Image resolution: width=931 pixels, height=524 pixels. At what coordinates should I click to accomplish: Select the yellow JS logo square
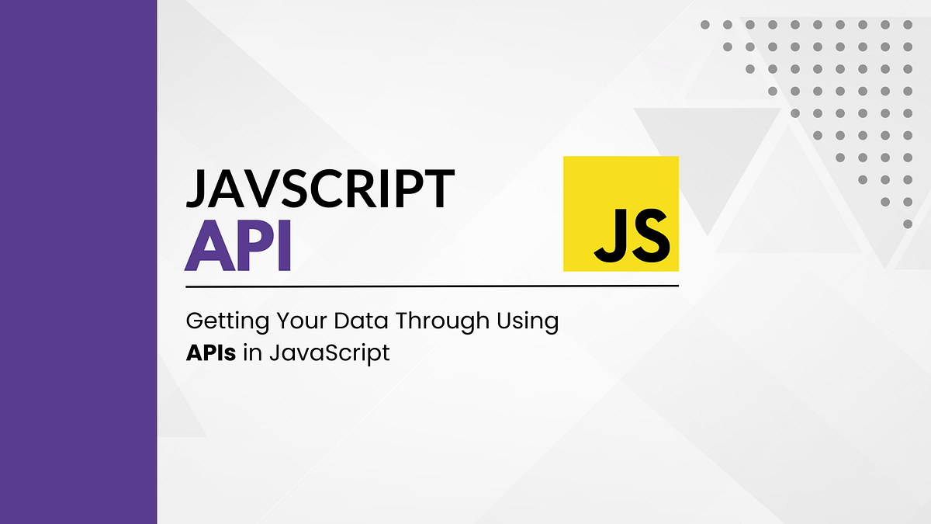point(621,213)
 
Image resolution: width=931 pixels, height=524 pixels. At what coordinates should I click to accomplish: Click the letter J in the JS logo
point(608,233)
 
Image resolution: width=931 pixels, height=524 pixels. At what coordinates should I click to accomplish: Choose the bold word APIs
point(211,353)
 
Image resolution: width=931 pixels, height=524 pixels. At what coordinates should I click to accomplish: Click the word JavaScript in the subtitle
point(330,354)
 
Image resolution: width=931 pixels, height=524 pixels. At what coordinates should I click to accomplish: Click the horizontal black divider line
point(431,286)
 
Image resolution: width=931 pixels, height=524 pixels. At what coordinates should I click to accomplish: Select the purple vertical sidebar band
point(78,262)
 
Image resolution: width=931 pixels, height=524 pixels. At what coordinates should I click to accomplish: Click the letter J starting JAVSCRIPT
point(196,189)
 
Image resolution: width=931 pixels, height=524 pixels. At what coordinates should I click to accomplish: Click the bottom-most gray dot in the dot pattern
point(908,224)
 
